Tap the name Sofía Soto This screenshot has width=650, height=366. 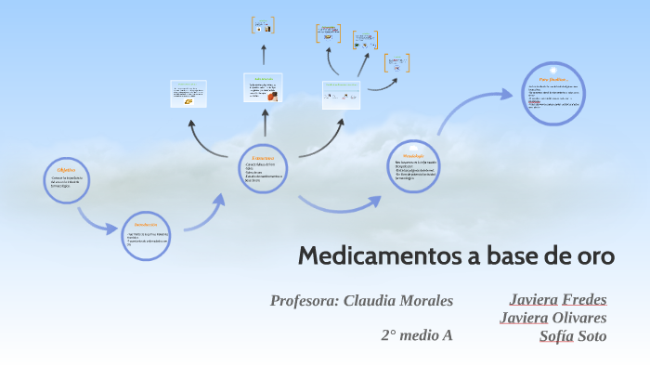(573, 335)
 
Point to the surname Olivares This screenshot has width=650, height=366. (579, 318)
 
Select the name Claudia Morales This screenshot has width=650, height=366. (398, 300)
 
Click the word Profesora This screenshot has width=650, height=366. (304, 300)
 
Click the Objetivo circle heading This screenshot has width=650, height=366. (66, 171)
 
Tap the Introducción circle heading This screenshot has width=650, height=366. (146, 226)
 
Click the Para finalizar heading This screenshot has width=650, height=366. (553, 80)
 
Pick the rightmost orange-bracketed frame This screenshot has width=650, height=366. (397, 63)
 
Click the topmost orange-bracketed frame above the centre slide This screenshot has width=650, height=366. (264, 25)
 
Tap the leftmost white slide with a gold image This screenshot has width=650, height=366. (188, 94)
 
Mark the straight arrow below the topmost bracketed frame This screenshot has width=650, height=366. (264, 54)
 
